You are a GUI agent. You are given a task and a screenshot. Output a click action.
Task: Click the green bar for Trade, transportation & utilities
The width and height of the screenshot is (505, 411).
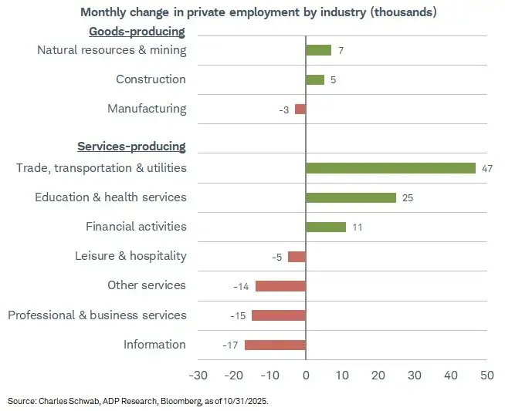[391, 168]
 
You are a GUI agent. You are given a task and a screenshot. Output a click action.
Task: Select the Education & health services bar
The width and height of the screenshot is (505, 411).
[351, 197]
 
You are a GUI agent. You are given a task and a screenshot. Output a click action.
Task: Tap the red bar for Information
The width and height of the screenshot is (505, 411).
[275, 345]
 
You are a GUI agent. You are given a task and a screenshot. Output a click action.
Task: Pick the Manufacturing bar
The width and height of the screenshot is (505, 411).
[300, 109]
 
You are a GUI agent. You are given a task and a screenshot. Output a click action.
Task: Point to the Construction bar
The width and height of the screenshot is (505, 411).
[315, 79]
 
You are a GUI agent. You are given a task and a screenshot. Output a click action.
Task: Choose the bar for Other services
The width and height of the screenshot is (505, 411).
[280, 286]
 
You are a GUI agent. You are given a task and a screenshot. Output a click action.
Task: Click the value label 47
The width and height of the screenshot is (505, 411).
[487, 168]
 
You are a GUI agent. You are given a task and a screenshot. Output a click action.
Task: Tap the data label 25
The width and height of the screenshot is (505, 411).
[408, 197]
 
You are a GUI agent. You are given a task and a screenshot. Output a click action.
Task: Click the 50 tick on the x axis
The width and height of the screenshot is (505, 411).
[486, 376]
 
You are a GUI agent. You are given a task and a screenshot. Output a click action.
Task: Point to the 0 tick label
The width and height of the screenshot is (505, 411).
[306, 376]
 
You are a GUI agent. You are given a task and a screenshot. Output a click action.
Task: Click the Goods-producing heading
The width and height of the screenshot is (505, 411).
[137, 32]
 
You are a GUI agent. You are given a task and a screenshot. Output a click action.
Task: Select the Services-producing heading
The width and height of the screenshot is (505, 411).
[131, 147]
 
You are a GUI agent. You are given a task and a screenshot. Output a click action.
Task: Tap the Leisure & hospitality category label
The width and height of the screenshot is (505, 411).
[130, 256]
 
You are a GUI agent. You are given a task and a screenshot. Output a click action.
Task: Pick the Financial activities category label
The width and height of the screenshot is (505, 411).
[136, 227]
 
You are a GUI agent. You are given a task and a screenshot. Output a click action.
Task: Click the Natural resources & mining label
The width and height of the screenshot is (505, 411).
[112, 50]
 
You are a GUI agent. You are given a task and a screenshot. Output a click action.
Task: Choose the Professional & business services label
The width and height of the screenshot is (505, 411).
[97, 315]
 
